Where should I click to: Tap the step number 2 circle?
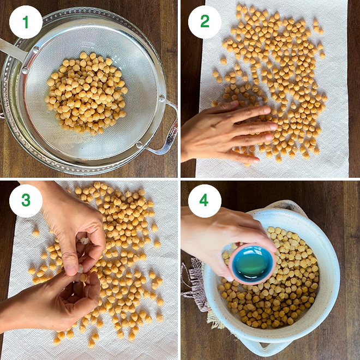click(205, 22)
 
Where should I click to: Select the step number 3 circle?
click(26, 201)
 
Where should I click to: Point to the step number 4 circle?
click(205, 201)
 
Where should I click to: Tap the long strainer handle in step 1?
click(12, 51)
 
